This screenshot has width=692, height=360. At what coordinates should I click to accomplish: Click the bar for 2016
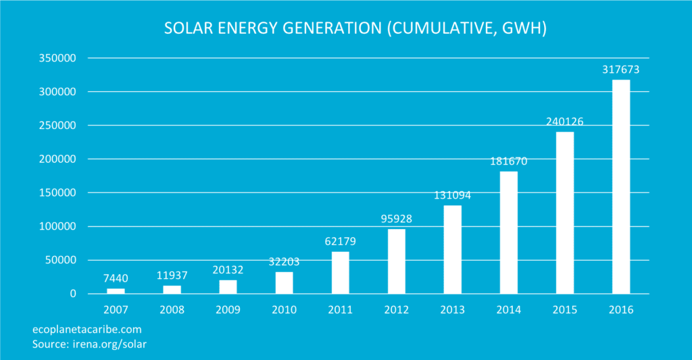[620, 187]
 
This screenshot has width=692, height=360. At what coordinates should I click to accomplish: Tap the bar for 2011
[340, 273]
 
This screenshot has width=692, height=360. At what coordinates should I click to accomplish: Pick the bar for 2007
[116, 291]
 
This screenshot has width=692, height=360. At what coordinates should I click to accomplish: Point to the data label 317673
[620, 70]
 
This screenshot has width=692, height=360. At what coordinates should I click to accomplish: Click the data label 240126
[564, 122]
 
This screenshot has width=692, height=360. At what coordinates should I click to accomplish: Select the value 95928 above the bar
[396, 219]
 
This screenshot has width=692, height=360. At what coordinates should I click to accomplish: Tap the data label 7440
[116, 278]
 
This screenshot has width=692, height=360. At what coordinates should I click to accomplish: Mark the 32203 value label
[284, 262]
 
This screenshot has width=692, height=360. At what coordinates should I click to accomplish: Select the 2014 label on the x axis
[508, 310]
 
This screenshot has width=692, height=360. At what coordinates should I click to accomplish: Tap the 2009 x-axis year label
[228, 310]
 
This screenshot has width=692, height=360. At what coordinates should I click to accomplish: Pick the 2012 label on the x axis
[396, 310]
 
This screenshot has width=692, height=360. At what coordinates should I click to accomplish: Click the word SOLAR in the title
[187, 29]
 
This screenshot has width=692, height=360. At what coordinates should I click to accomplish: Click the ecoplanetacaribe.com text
[87, 330]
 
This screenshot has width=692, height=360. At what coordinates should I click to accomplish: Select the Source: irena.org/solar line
[89, 344]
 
